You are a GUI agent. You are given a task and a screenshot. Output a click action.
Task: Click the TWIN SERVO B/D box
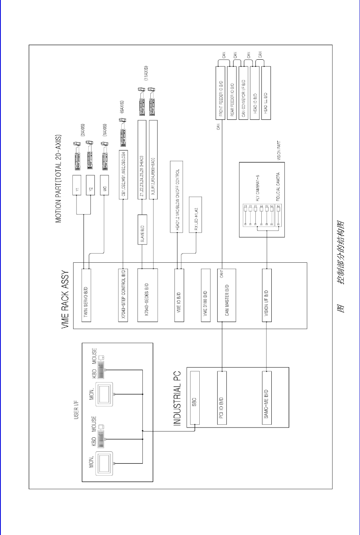[x=86, y=295]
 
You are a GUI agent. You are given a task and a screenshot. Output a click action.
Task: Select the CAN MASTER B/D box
[x=226, y=295]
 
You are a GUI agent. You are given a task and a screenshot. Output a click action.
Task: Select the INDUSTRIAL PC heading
[x=177, y=398]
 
